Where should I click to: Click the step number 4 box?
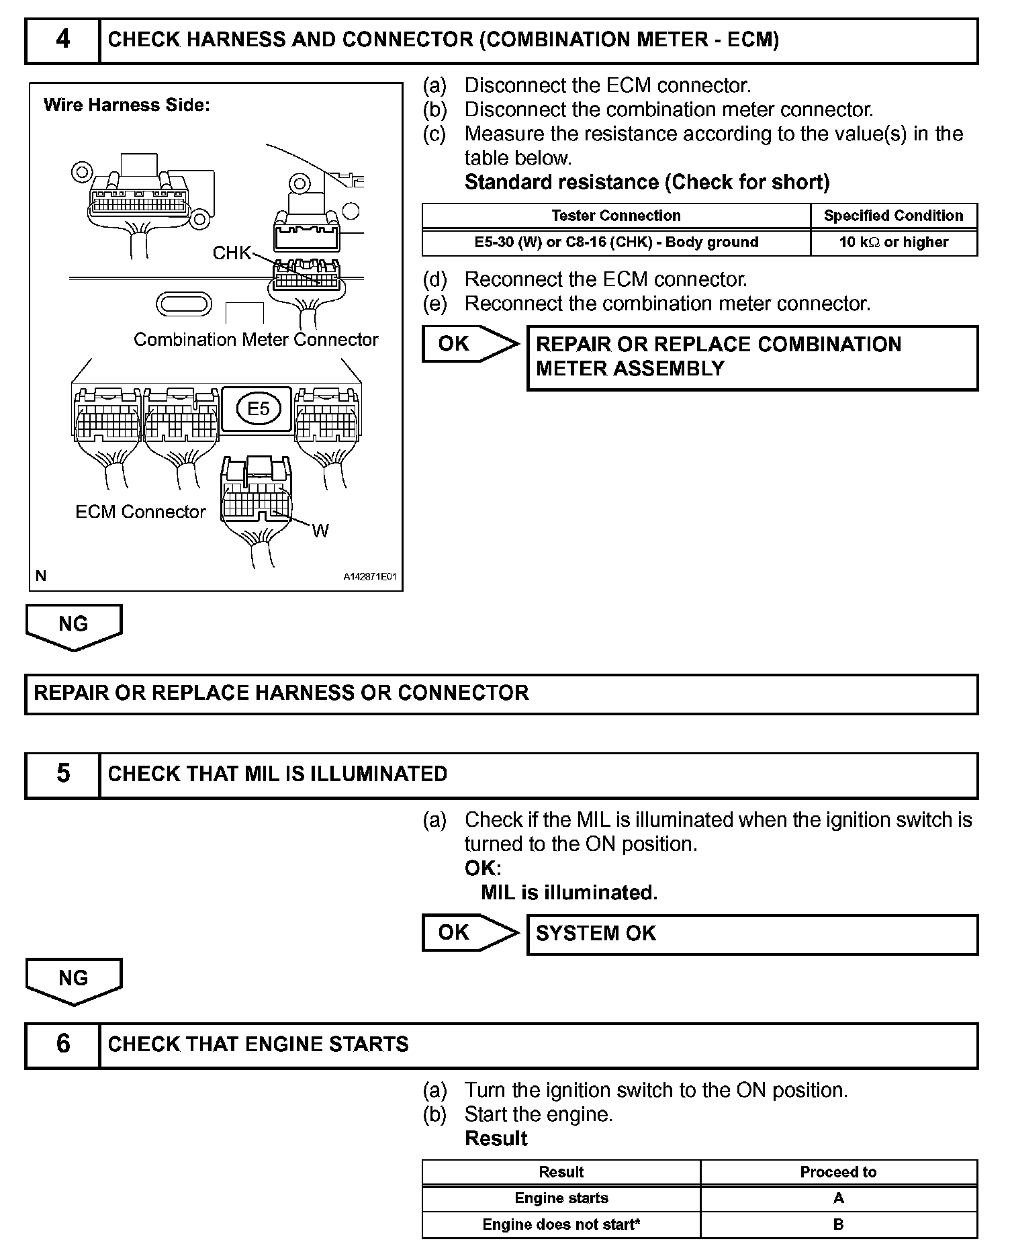coord(62,40)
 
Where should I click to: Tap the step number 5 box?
coord(62,774)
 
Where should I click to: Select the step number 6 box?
coord(62,1044)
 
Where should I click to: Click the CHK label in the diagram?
coord(231,253)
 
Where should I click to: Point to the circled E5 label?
coord(258,408)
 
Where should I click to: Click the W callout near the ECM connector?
coord(320,531)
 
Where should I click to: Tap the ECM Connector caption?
coord(140,512)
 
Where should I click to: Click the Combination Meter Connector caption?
coord(256,340)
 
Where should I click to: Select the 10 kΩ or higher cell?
coord(893,242)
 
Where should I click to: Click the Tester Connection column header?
coord(616,216)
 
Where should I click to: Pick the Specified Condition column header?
coord(893,216)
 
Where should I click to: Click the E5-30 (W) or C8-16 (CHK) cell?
coord(616,242)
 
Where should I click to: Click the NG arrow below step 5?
coord(74,980)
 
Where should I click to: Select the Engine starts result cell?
coord(561,1198)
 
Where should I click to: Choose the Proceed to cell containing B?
coord(838,1224)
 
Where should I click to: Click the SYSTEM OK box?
coord(752,934)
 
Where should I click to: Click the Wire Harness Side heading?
coord(127,105)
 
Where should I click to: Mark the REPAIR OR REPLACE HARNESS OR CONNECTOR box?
coord(501,694)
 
